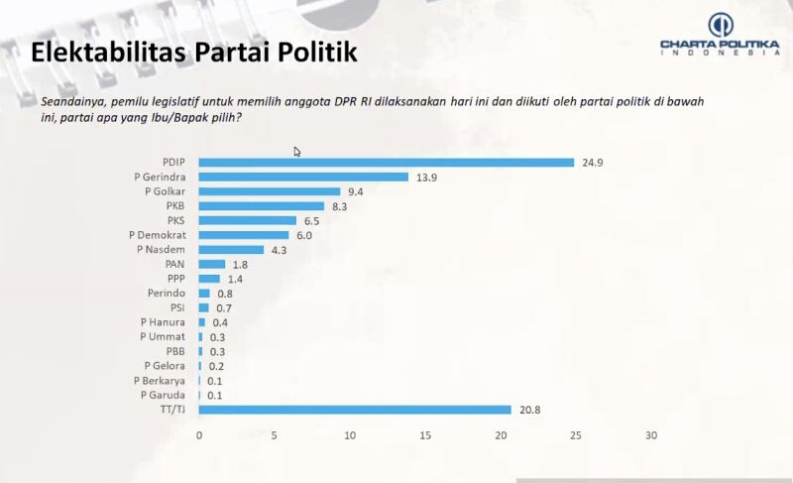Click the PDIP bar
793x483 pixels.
point(387,162)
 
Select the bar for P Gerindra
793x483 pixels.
point(303,177)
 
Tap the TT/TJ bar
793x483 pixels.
point(355,410)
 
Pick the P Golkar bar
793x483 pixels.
point(270,191)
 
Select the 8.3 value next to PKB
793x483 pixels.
point(341,205)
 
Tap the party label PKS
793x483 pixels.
point(176,220)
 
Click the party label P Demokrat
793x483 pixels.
point(159,235)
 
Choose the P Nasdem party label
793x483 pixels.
point(162,249)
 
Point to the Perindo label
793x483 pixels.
point(168,294)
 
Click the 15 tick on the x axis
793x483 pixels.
point(425,435)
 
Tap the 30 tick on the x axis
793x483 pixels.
point(651,435)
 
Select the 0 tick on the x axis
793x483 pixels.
point(199,435)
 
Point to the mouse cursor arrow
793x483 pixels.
point(297,152)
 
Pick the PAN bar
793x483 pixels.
point(212,264)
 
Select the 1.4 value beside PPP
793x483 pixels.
point(236,279)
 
